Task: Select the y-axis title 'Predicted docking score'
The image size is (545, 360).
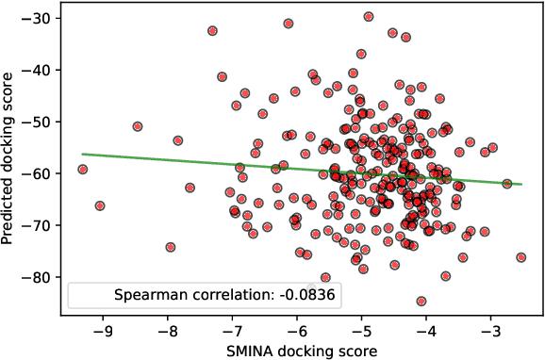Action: point(11,161)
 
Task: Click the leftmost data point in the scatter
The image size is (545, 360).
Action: point(83,170)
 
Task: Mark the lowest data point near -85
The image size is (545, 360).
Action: point(421,302)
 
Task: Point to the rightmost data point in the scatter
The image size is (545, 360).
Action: point(521,257)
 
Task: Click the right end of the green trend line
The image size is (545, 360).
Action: point(521,185)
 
